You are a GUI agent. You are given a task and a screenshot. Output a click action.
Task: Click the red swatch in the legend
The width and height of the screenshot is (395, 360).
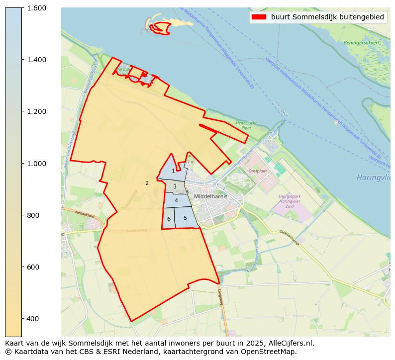(x=259, y=17)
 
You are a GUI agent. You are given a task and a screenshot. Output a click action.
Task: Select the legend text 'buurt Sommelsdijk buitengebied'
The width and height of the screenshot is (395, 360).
(x=327, y=17)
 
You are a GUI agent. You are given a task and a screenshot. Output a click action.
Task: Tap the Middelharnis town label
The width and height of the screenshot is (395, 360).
(x=211, y=196)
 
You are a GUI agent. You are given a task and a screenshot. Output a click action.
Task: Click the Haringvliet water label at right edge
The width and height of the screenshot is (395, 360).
(x=373, y=178)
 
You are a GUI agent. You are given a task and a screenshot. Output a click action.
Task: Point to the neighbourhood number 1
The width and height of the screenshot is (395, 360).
(x=173, y=171)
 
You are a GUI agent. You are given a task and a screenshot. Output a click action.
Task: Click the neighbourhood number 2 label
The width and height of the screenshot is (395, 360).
(x=147, y=183)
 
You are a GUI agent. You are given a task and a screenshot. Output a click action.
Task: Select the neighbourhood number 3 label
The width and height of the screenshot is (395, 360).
(x=175, y=187)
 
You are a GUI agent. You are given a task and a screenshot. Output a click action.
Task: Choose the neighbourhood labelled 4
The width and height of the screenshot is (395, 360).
(x=176, y=200)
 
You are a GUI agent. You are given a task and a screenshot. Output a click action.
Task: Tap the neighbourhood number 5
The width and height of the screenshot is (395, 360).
(x=185, y=218)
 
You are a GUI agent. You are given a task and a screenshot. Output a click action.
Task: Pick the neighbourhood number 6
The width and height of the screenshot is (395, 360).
(x=169, y=219)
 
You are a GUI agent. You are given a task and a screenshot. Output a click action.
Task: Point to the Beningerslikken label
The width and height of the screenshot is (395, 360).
(x=361, y=43)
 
